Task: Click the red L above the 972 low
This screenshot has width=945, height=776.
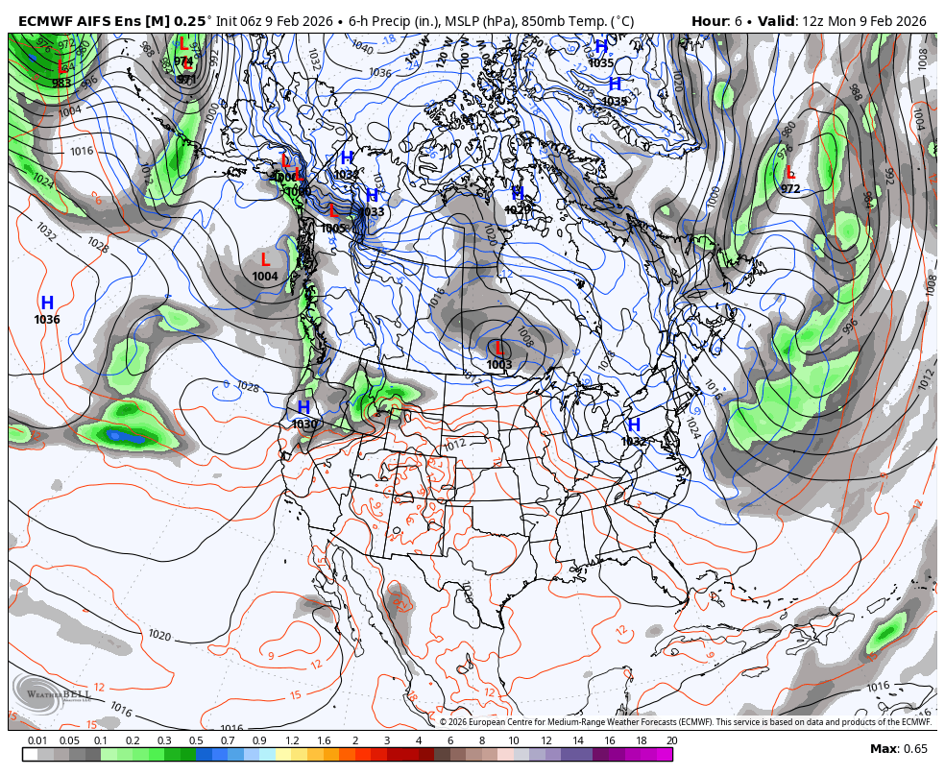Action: [x=790, y=173]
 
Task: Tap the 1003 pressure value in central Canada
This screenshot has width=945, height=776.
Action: [x=498, y=365]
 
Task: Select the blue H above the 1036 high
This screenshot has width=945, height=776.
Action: [x=46, y=303]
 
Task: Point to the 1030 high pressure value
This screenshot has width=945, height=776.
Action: [x=304, y=424]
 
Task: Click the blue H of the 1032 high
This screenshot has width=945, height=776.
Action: [x=634, y=424]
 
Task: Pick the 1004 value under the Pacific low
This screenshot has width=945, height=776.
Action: [x=265, y=277]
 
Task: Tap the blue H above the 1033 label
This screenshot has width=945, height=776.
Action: [x=372, y=196]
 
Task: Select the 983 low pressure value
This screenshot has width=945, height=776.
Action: [x=61, y=83]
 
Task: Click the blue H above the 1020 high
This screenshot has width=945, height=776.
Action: [x=518, y=193]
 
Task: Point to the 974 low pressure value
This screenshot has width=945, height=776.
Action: [x=183, y=61]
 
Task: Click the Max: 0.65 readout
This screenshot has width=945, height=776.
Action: [x=899, y=749]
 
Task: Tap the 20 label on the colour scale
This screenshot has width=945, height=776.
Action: [x=671, y=740]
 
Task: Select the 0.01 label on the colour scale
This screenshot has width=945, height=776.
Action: [x=37, y=740]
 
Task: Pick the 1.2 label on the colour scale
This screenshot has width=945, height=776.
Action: [x=291, y=740]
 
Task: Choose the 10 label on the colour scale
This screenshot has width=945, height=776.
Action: [x=514, y=740]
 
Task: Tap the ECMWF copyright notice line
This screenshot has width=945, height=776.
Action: [x=685, y=722]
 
